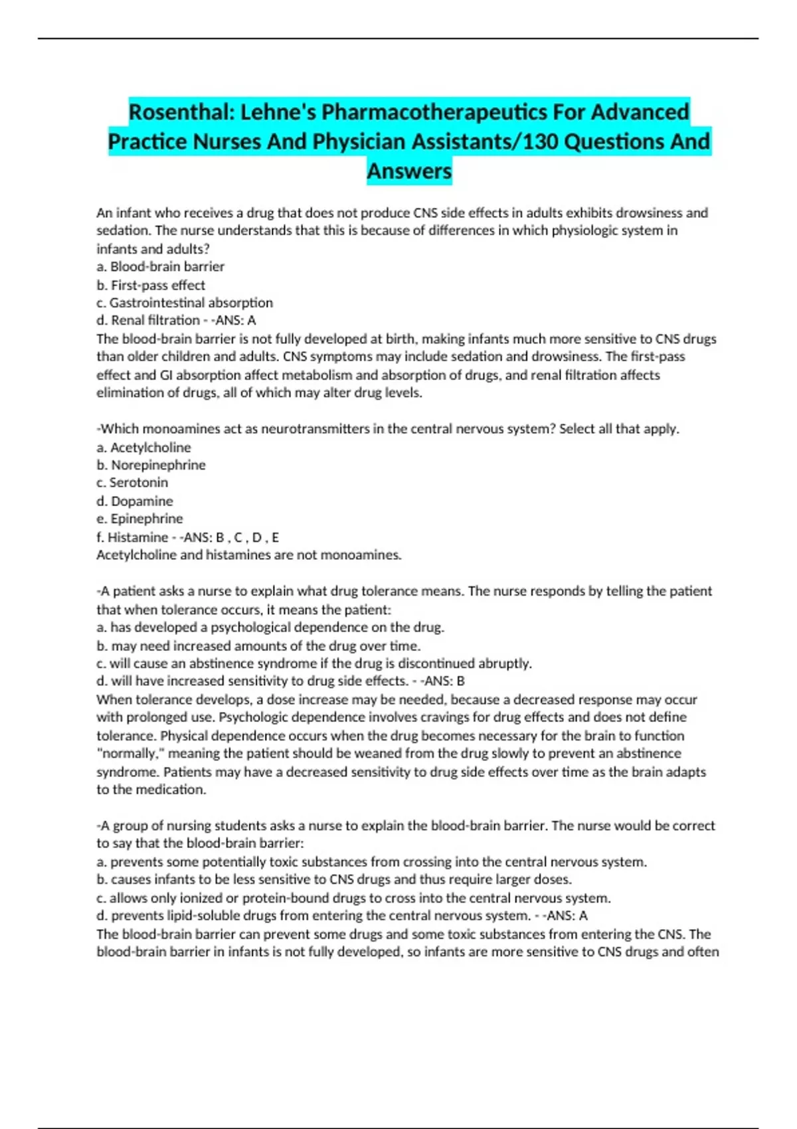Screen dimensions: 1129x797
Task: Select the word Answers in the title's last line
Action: click(x=409, y=171)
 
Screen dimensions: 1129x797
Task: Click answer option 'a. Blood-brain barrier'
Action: click(x=161, y=267)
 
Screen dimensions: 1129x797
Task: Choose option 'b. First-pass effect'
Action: click(x=151, y=285)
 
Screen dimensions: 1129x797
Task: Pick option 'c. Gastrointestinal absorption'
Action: click(x=185, y=303)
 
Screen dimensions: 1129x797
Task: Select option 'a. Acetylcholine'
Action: click(x=144, y=448)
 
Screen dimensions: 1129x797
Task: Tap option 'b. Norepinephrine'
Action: click(x=151, y=466)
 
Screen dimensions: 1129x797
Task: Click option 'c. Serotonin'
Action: click(x=132, y=483)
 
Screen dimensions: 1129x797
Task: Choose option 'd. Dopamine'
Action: click(x=135, y=501)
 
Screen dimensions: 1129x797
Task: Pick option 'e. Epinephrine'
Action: click(x=139, y=519)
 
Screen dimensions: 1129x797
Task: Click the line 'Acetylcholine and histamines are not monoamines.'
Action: click(x=249, y=555)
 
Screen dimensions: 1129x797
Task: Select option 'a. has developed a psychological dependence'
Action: click(x=270, y=628)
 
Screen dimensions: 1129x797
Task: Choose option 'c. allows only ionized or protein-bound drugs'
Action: click(x=353, y=898)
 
